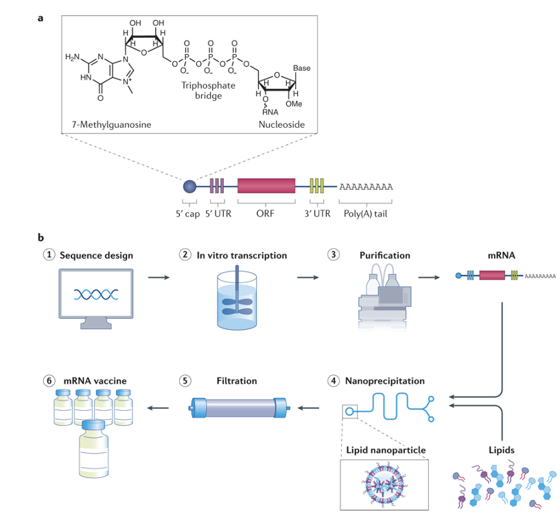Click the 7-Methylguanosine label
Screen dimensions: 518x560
click(x=103, y=125)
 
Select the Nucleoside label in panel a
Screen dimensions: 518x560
click(x=281, y=125)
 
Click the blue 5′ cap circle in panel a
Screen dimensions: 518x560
click(x=189, y=185)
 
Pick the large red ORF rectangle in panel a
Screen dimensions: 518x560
click(x=266, y=185)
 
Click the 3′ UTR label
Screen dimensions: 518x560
click(x=316, y=213)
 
